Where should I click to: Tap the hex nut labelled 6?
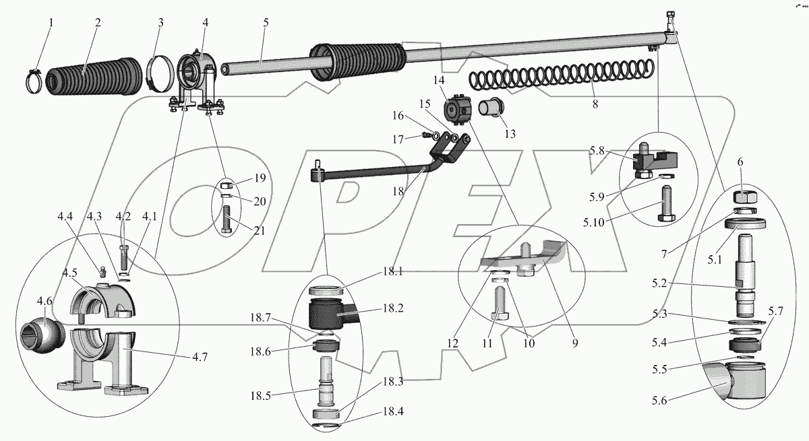(x=744, y=198)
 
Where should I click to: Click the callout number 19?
(x=259, y=178)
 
